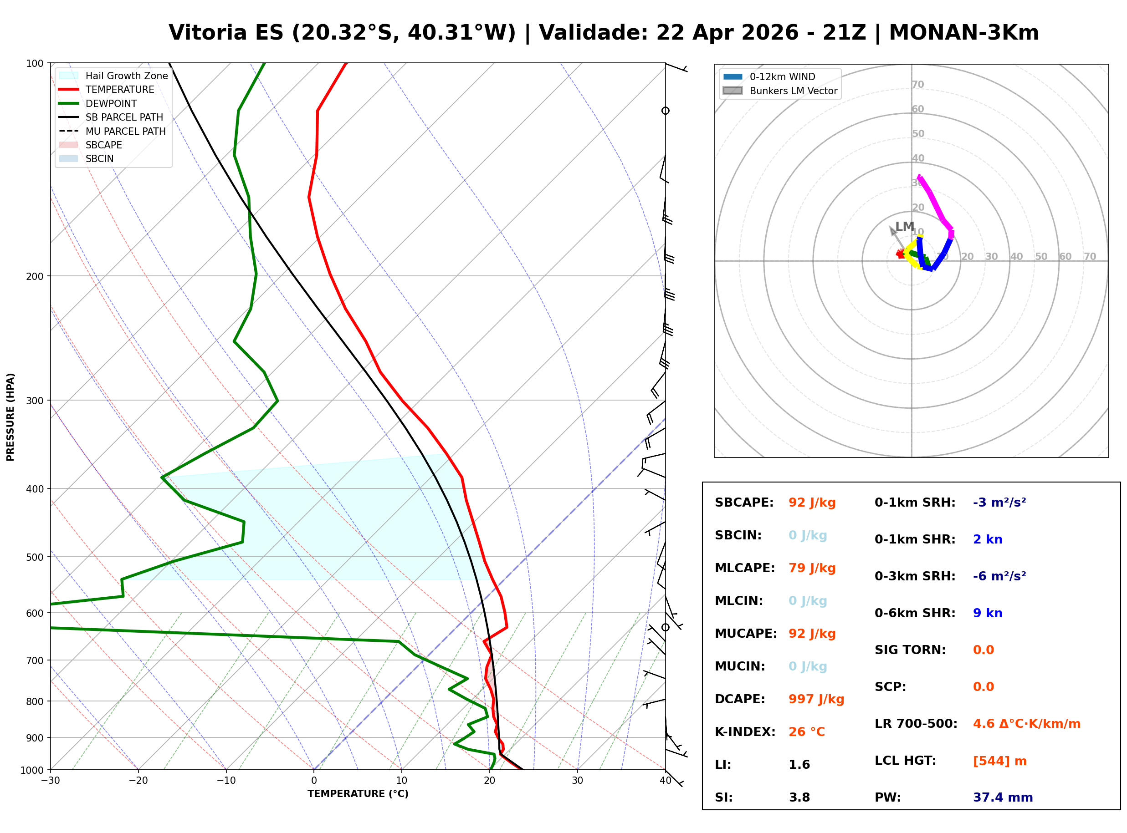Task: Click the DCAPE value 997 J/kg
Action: point(816,699)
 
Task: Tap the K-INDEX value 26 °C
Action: point(806,732)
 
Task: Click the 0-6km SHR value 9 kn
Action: point(987,613)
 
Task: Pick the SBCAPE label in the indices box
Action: point(743,503)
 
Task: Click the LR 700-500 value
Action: point(1026,724)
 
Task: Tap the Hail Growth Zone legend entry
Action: point(126,76)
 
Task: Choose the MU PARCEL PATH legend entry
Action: point(125,131)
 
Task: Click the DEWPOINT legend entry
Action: point(111,103)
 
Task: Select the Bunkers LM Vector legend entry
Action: point(793,91)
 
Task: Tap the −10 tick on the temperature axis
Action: point(225,781)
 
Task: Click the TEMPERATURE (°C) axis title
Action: point(358,794)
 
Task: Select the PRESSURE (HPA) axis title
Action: point(10,416)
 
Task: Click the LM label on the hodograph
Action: point(905,226)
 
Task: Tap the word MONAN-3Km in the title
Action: point(963,33)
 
